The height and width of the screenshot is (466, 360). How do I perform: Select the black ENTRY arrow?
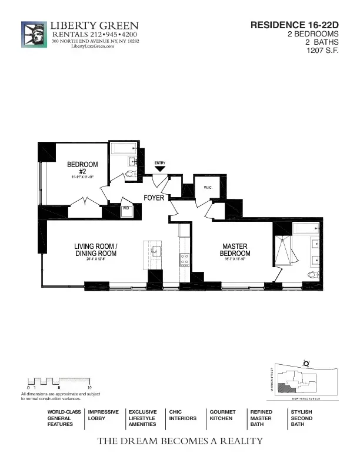(x=160, y=169)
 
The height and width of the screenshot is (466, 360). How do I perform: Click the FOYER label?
(x=154, y=198)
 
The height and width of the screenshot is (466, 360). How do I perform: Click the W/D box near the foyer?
(x=126, y=208)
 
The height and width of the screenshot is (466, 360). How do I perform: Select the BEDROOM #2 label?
(x=82, y=168)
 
